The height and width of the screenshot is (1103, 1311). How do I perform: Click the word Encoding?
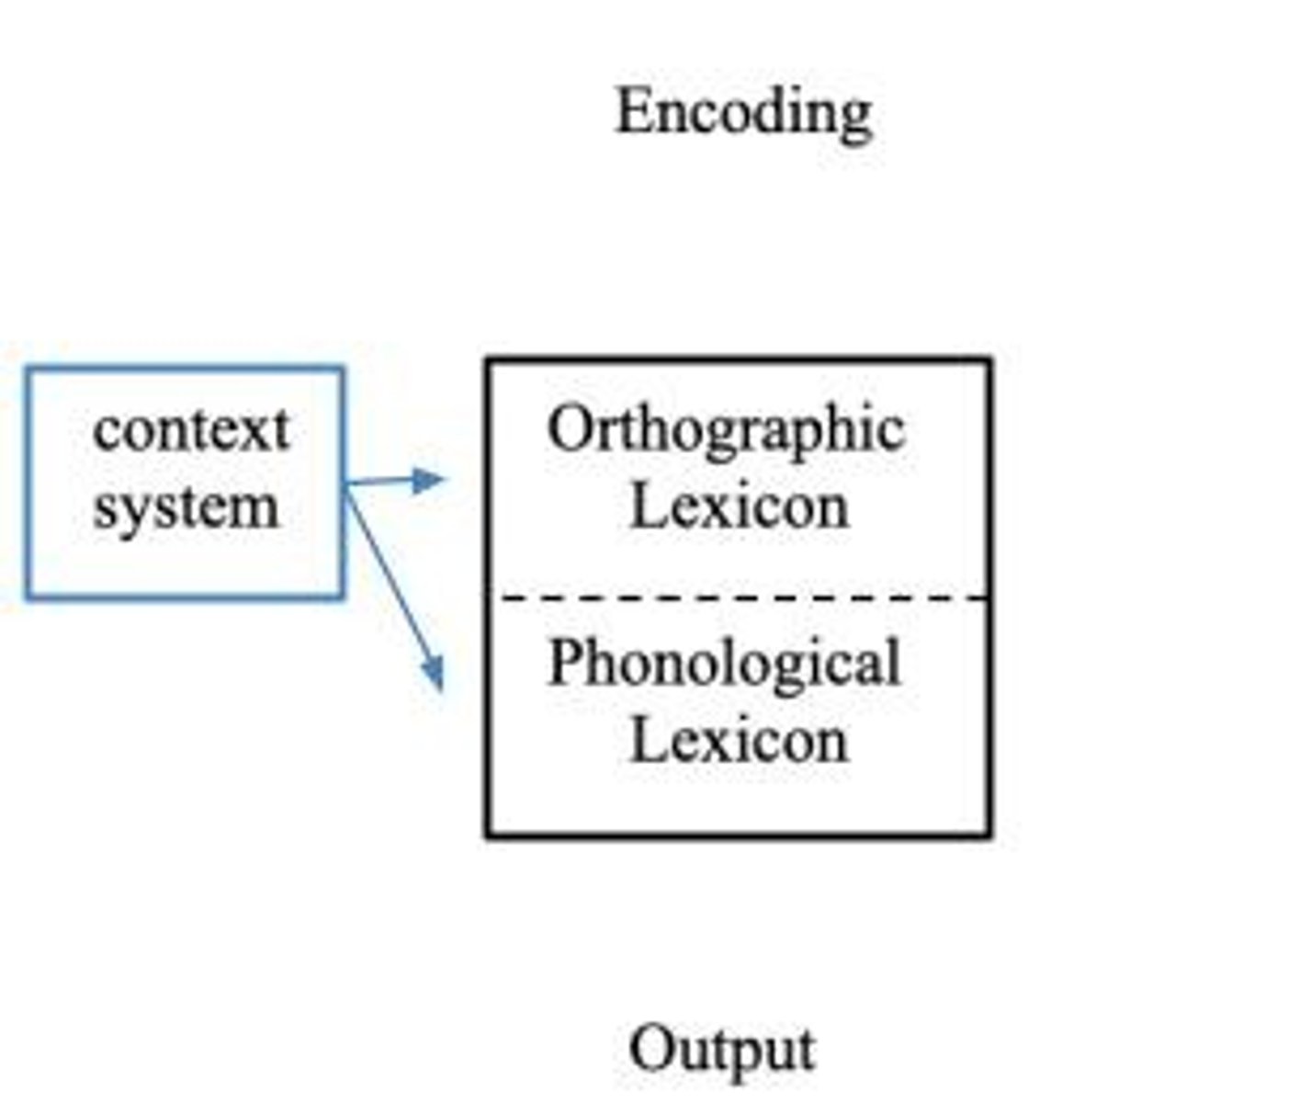click(743, 112)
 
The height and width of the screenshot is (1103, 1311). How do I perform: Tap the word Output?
click(722, 1049)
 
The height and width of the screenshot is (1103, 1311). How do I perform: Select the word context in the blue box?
click(191, 429)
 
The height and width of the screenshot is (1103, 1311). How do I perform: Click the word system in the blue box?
click(186, 508)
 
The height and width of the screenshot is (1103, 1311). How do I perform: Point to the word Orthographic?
click(726, 429)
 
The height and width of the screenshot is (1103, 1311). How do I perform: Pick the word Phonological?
click(724, 664)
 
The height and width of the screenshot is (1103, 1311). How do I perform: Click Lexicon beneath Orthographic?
click(740, 506)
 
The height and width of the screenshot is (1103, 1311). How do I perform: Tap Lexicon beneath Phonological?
click(740, 741)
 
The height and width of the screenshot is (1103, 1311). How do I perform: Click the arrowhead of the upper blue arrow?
click(427, 479)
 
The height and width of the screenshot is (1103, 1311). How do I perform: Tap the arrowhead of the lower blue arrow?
click(434, 674)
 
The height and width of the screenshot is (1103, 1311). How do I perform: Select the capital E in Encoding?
click(634, 111)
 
